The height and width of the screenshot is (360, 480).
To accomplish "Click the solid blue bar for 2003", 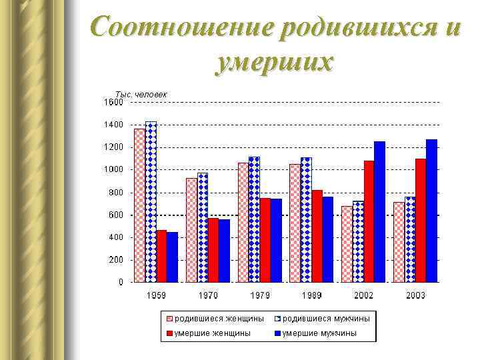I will coord(431,210).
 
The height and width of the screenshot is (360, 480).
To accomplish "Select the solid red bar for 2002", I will coord(369,221).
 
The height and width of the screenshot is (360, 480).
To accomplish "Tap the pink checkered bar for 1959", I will coord(139,205).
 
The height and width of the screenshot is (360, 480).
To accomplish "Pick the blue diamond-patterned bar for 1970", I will coord(202,227).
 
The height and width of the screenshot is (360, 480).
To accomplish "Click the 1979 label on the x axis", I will coord(260,295).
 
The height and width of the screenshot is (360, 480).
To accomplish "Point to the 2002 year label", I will coord(363,295).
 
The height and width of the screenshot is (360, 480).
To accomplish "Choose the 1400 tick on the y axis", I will coord(113,125).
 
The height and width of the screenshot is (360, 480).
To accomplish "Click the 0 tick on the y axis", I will coord(120,282).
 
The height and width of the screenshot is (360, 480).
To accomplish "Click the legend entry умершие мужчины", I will coord(319,333).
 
